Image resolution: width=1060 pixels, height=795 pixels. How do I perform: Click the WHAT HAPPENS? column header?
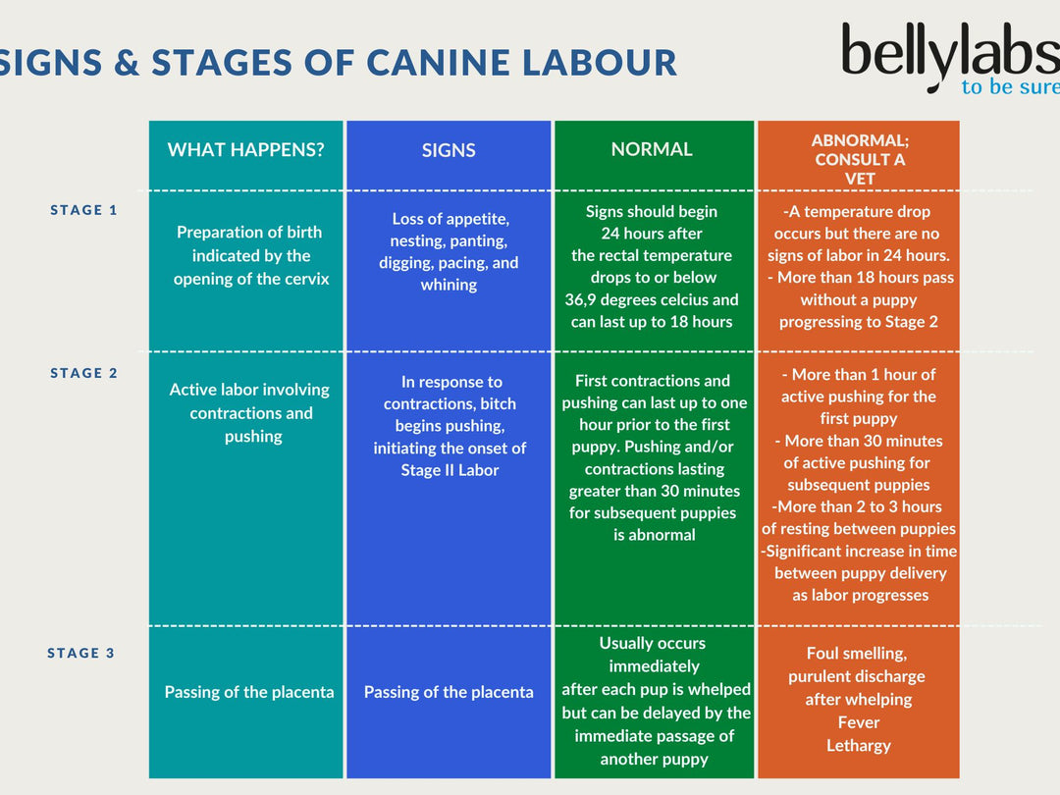(x=245, y=150)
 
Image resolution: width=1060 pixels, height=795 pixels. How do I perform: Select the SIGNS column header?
(x=449, y=150)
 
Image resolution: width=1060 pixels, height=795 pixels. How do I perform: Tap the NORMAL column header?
(x=652, y=149)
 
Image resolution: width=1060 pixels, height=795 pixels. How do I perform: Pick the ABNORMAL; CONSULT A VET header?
(x=860, y=159)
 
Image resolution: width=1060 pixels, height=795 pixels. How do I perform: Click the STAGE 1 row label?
(x=83, y=210)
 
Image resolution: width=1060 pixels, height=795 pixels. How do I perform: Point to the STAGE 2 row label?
(x=83, y=373)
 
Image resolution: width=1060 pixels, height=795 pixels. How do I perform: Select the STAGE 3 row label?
(x=81, y=653)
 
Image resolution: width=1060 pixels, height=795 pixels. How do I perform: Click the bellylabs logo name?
(x=947, y=54)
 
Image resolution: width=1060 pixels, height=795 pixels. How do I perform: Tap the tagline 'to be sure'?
(x=1009, y=87)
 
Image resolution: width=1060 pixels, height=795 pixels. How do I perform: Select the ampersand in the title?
(x=127, y=63)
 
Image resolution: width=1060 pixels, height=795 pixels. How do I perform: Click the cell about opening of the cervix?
(x=251, y=256)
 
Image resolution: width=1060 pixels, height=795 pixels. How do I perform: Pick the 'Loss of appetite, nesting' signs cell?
(x=449, y=251)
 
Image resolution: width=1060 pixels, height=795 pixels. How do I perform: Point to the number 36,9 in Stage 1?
(x=586, y=299)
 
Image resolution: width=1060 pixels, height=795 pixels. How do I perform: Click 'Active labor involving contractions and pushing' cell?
(x=249, y=412)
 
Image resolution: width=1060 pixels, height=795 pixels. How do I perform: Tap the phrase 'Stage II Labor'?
(x=450, y=470)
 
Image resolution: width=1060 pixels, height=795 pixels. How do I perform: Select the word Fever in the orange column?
(x=858, y=722)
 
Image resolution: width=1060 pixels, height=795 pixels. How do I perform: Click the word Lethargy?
(x=858, y=745)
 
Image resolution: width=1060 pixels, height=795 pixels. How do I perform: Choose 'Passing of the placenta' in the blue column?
(x=449, y=692)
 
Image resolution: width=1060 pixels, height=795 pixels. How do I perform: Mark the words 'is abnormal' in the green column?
(x=654, y=535)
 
